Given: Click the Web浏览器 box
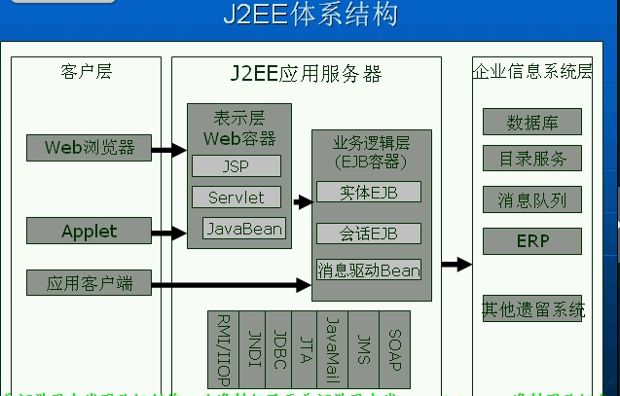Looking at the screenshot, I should click(x=89, y=149).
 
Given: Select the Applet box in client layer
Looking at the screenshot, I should click(x=89, y=232).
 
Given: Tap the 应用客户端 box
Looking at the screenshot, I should click(x=89, y=284).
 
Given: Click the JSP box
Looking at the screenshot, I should click(x=236, y=166).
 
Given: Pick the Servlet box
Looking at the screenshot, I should click(x=236, y=198).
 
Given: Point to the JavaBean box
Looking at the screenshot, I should click(x=244, y=229).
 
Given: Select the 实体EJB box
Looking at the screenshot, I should click(x=369, y=192).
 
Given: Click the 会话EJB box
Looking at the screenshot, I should click(x=369, y=233).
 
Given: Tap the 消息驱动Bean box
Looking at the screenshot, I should click(x=369, y=270).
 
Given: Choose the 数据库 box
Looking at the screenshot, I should click(x=531, y=123).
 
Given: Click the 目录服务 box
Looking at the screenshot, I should click(x=531, y=158).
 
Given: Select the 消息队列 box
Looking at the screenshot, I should click(x=531, y=200).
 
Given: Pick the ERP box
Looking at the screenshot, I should click(x=531, y=240).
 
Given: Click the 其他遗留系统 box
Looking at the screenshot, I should click(x=532, y=309).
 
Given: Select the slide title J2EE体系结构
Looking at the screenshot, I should click(x=310, y=16).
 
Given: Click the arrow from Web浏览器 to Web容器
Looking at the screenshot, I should click(x=168, y=150).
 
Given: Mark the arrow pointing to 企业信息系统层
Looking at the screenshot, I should click(x=456, y=264).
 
